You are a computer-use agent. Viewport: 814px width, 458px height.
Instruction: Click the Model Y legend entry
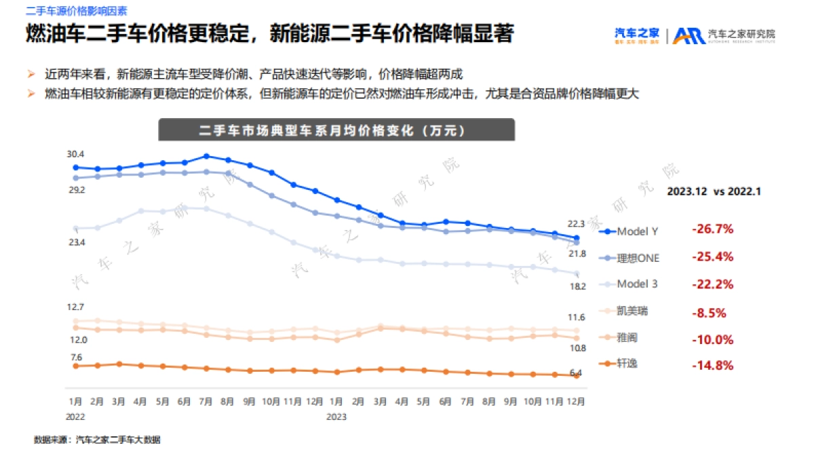coord(630,231)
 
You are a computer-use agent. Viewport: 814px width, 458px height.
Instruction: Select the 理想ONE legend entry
coord(631,258)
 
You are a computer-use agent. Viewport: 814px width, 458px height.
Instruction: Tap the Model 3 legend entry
coord(630,284)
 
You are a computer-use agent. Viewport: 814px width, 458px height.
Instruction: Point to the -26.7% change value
coord(712,229)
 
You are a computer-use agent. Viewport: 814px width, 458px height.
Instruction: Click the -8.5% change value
coord(709,313)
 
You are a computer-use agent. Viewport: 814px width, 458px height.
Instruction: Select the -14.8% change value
coord(712,365)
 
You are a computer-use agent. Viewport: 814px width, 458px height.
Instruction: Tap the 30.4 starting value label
coord(75,155)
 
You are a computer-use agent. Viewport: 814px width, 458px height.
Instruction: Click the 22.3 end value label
coord(576,223)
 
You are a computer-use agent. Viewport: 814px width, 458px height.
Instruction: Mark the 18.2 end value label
coord(577,286)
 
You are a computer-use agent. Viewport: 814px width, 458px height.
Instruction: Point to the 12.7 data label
coord(76,307)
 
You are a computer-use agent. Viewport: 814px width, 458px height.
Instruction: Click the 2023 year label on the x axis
coord(336,417)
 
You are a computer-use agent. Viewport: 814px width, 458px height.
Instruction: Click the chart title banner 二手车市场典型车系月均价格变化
coord(336,130)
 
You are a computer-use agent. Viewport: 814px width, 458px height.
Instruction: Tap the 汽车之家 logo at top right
coord(636,34)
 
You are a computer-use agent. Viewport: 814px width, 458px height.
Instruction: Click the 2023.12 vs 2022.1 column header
coord(713,191)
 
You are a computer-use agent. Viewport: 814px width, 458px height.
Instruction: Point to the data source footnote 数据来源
coord(97,440)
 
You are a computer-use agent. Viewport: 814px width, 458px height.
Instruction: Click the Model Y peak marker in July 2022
coord(206,156)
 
